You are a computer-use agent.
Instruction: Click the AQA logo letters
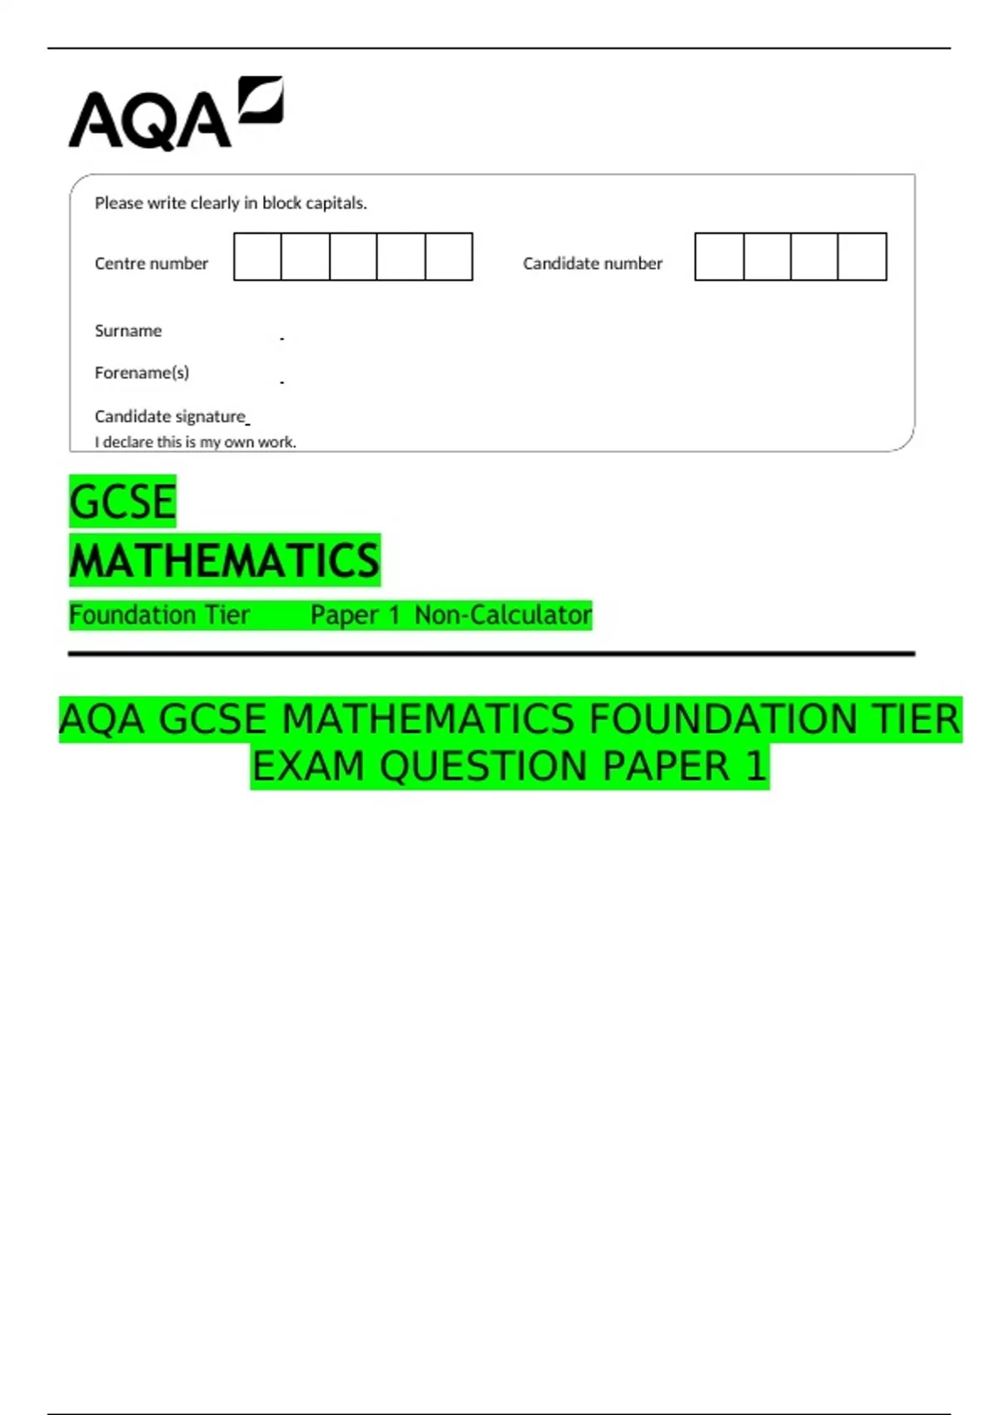150,121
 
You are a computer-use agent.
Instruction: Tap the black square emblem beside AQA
261,101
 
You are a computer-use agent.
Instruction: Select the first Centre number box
258,257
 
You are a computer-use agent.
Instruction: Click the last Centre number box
449,257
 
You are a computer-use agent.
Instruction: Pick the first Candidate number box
719,257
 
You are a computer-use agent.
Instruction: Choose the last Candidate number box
862,257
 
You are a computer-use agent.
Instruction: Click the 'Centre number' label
152,264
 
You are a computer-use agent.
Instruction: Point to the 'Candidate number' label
593,264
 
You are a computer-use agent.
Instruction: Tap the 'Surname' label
128,331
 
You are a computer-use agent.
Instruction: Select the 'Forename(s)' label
142,373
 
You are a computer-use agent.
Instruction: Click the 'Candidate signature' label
170,416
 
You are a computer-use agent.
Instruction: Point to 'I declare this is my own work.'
196,442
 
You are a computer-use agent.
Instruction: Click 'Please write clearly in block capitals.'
231,203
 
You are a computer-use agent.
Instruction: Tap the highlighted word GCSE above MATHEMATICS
123,502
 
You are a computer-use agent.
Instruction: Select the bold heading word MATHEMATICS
225,560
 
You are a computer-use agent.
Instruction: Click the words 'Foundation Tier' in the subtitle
159,615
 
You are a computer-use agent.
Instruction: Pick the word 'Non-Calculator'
503,615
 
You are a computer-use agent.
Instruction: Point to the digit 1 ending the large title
755,767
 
